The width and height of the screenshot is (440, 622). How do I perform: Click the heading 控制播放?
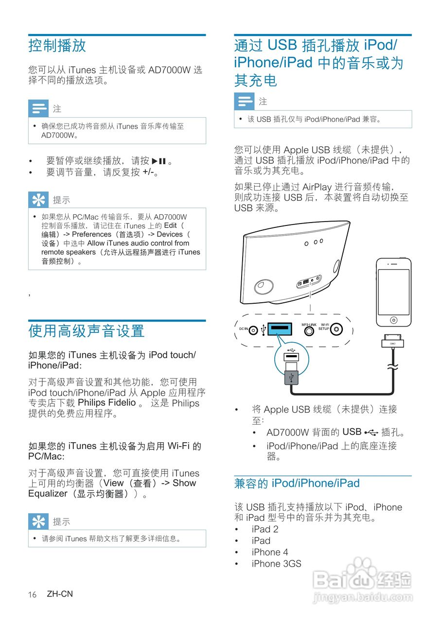click(x=57, y=46)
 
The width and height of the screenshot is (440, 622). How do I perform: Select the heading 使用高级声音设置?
click(x=87, y=331)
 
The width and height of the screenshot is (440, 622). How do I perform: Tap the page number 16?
click(x=32, y=595)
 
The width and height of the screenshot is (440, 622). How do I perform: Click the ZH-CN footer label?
click(x=60, y=594)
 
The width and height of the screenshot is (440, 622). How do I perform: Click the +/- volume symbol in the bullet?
click(x=150, y=173)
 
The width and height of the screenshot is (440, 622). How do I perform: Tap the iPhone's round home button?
click(x=394, y=320)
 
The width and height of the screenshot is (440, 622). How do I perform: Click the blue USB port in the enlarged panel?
click(x=279, y=330)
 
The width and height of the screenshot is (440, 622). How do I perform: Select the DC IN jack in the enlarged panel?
click(x=253, y=330)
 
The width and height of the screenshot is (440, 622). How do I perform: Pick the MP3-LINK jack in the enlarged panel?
click(x=309, y=331)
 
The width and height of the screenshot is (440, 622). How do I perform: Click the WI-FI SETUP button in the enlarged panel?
click(x=336, y=330)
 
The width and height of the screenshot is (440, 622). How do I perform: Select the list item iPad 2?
click(x=265, y=529)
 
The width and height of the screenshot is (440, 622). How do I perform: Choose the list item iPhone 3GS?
click(x=276, y=564)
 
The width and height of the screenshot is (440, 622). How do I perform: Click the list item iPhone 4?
click(x=270, y=552)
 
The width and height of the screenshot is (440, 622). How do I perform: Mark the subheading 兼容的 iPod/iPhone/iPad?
click(x=297, y=484)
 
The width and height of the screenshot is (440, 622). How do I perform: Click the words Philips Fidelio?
click(x=107, y=403)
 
